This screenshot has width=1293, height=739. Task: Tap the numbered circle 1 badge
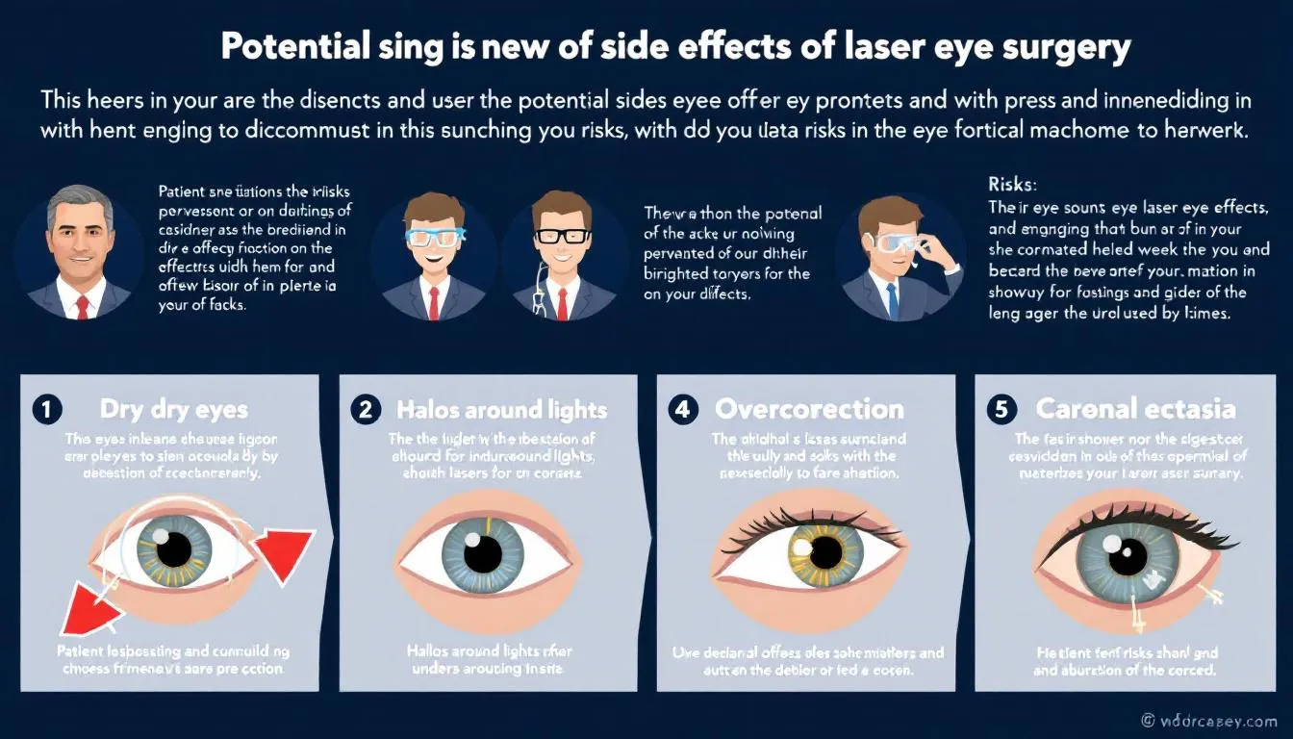click(x=45, y=409)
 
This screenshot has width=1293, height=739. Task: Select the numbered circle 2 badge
click(x=365, y=409)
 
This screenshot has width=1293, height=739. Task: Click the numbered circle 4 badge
click(x=682, y=409)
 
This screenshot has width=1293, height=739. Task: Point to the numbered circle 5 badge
click(x=1001, y=409)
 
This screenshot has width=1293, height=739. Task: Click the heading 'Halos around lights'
click(x=501, y=410)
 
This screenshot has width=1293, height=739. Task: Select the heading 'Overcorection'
click(x=809, y=409)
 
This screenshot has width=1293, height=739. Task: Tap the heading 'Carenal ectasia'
click(x=1135, y=409)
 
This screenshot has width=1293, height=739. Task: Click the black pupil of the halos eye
click(x=483, y=553)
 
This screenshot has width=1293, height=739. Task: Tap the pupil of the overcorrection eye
click(x=824, y=552)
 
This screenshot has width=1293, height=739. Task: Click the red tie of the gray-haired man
click(x=82, y=306)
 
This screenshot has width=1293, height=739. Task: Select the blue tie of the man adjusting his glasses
click(x=893, y=301)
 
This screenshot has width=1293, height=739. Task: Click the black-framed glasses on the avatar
click(x=563, y=236)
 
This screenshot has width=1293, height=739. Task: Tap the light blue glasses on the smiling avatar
click(x=434, y=238)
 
